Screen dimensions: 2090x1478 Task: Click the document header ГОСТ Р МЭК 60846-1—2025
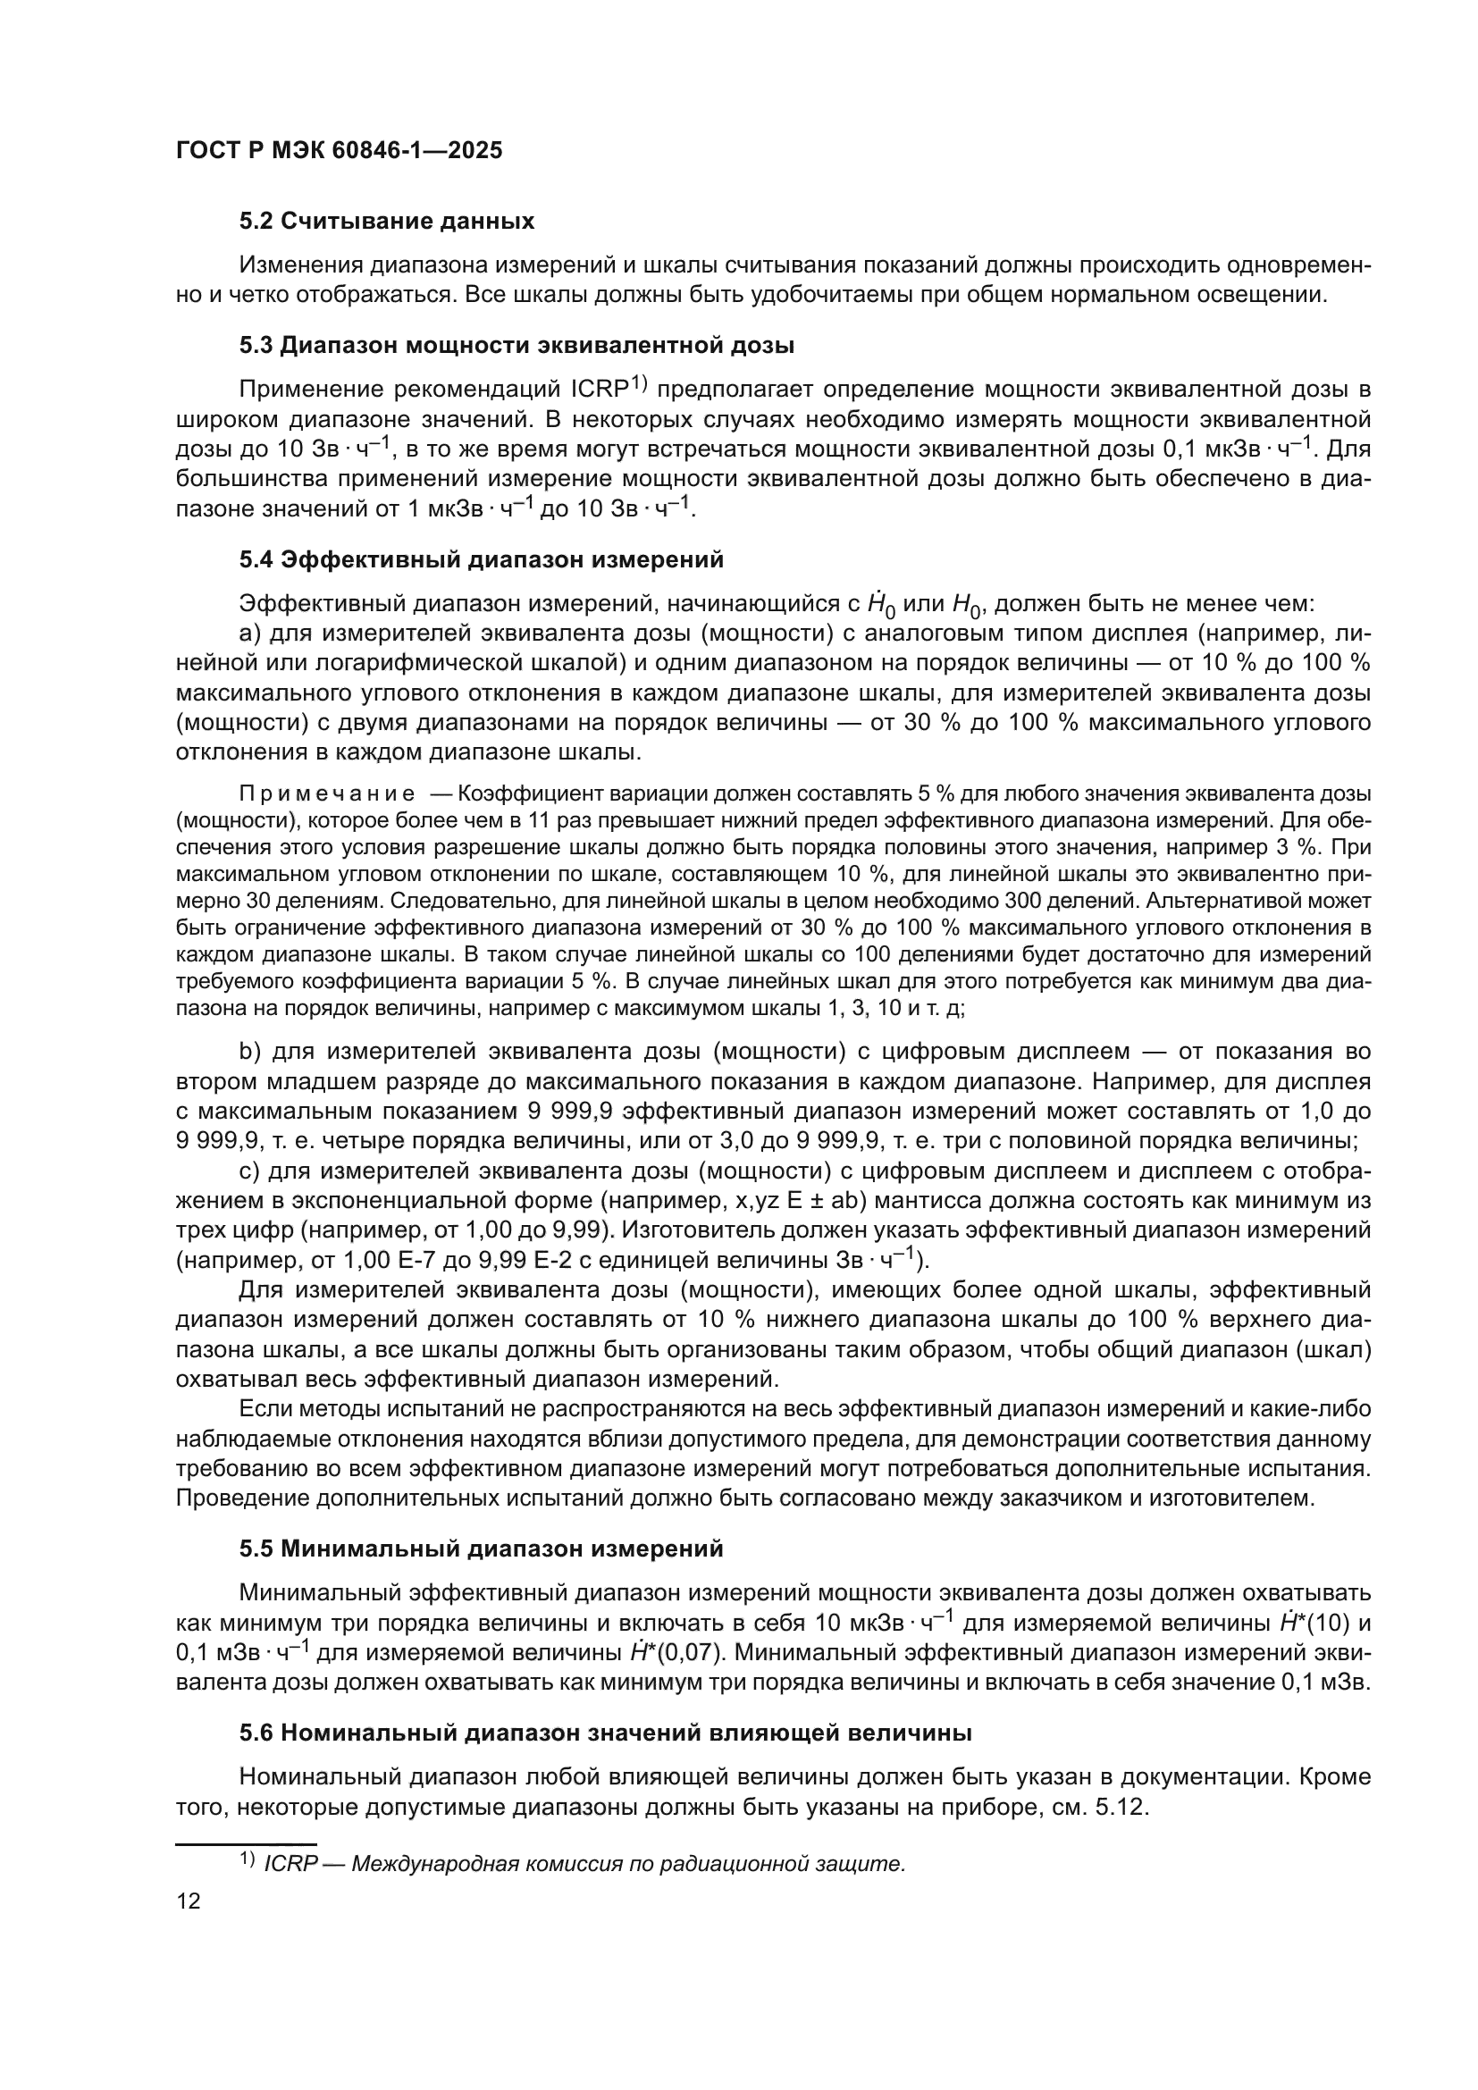[x=339, y=151]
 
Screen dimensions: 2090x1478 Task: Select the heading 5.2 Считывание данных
[x=387, y=222]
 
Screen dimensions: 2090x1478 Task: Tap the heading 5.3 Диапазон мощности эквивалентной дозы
[x=516, y=346]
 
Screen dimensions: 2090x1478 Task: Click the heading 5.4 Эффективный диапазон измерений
[x=482, y=560]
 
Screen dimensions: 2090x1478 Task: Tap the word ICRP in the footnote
[x=290, y=1864]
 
